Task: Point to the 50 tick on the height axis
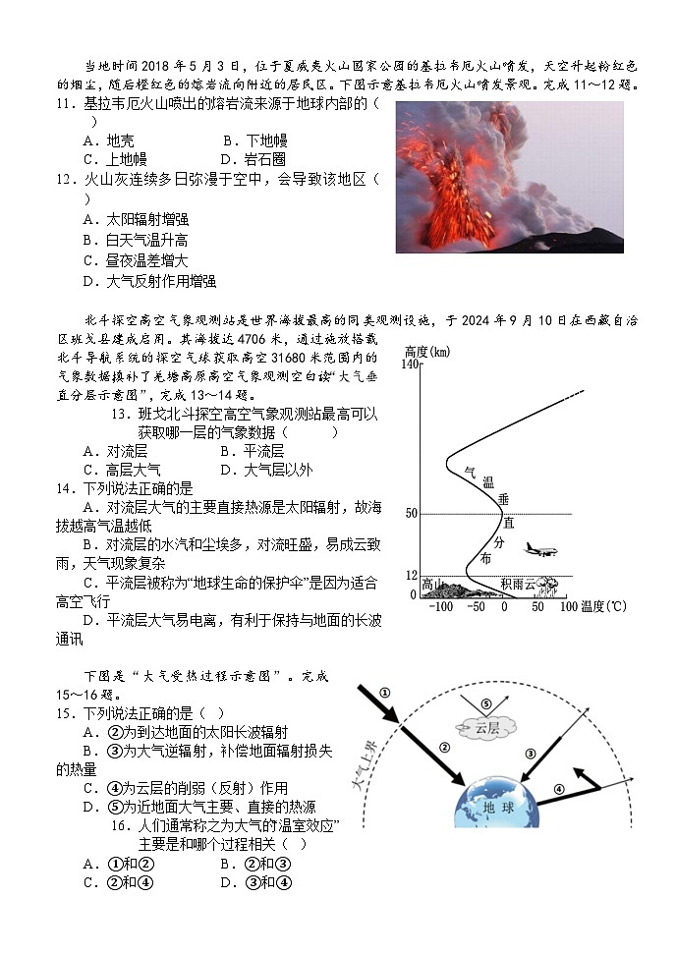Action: click(412, 514)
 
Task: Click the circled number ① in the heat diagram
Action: click(384, 692)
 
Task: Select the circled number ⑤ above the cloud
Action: click(485, 703)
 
